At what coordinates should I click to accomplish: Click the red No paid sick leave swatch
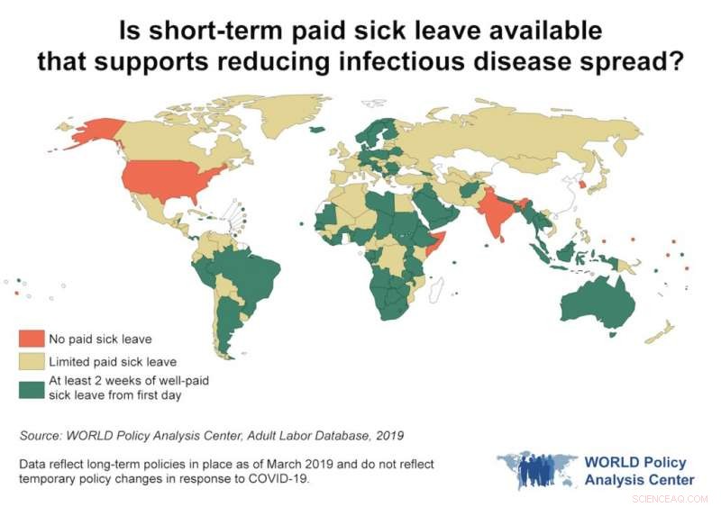pos(31,340)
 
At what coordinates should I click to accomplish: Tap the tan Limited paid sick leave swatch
pos(31,361)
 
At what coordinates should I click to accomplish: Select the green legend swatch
pos(31,388)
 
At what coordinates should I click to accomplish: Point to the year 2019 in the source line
pos(389,436)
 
